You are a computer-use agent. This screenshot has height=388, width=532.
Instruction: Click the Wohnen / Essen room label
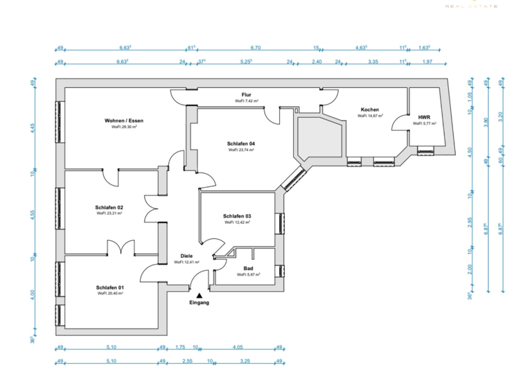[124, 121]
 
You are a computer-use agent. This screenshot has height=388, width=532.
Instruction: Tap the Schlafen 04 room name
[240, 143]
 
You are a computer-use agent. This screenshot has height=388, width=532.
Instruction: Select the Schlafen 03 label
[237, 216]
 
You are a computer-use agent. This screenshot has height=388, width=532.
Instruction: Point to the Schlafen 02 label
[109, 207]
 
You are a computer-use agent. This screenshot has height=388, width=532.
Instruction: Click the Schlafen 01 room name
[110, 287]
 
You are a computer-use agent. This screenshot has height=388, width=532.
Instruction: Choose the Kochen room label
[369, 110]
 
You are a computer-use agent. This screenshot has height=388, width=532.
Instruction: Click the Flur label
[246, 95]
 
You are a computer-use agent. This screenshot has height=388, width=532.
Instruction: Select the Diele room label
[186, 256]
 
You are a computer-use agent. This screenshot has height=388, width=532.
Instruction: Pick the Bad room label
[248, 268]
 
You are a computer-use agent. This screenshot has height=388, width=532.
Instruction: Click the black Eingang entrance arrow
[199, 295]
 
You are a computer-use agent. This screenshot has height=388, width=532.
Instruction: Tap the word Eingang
[199, 303]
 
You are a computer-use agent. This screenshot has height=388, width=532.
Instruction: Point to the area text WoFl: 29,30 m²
[124, 127]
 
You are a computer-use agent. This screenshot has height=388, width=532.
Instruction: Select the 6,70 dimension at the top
[254, 48]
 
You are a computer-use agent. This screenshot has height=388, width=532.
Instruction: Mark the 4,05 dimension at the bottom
[238, 347]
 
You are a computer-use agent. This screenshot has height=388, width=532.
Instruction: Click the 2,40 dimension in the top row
[317, 62]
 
